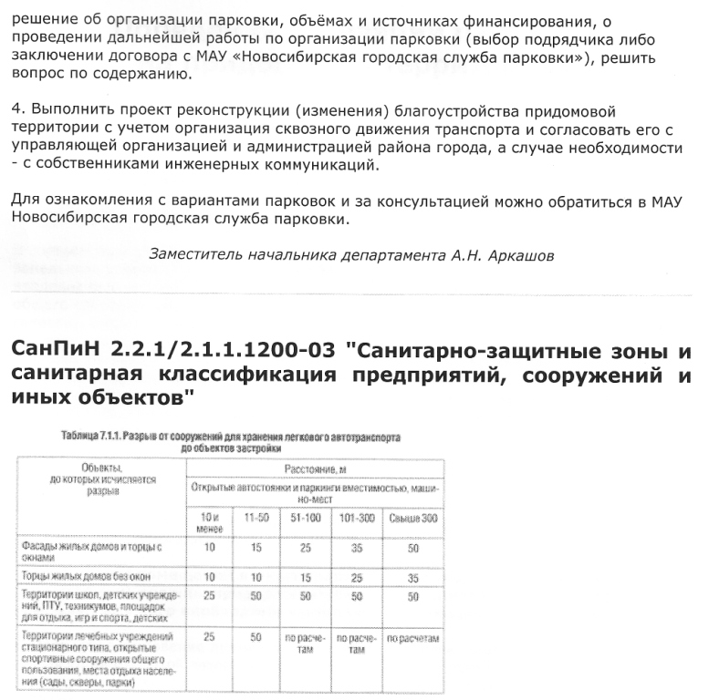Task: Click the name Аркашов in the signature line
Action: [522, 255]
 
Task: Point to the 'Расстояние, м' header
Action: [315, 468]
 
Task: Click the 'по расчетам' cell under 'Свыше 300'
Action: [412, 638]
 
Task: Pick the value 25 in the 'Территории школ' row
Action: [210, 595]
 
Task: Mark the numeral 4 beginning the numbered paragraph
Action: [16, 110]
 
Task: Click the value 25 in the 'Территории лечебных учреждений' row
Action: [210, 637]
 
